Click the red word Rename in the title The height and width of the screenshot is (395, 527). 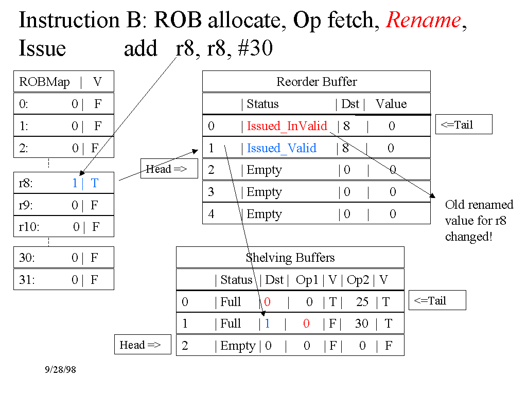[423, 20]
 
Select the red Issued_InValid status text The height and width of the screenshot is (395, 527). [287, 126]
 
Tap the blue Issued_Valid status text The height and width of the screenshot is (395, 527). [282, 148]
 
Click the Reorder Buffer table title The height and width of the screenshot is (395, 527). [317, 82]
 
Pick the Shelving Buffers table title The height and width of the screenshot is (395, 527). [290, 258]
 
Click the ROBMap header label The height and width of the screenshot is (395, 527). [44, 82]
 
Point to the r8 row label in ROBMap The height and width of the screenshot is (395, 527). [26, 183]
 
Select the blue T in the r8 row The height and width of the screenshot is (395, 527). [94, 183]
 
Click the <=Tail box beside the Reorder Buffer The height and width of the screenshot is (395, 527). [463, 125]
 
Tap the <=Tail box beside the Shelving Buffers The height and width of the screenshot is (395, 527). [437, 300]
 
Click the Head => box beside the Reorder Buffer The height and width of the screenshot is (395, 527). [169, 169]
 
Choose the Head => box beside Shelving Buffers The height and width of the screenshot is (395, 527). [142, 345]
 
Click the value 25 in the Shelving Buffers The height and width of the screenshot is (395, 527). [362, 302]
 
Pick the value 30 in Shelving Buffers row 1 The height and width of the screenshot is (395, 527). [362, 324]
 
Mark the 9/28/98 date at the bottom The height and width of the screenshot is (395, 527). [60, 370]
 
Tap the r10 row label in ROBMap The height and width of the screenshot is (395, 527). [29, 227]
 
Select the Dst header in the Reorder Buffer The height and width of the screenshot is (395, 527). [350, 104]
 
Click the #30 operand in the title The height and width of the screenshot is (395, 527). [255, 48]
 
